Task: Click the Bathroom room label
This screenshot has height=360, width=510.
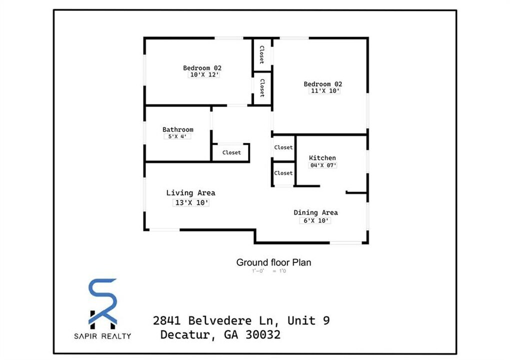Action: click(x=177, y=129)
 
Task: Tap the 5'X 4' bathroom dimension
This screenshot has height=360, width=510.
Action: click(x=177, y=136)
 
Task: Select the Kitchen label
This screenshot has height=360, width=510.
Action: click(x=322, y=158)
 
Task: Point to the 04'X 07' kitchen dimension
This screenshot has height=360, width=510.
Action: click(x=323, y=165)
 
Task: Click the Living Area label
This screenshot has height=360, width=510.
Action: click(x=190, y=193)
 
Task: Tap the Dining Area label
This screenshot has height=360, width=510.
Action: click(x=315, y=212)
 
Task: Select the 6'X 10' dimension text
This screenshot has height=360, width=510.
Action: click(x=315, y=220)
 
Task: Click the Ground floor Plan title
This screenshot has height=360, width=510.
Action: click(x=273, y=262)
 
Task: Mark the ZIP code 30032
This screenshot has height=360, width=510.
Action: click(x=262, y=334)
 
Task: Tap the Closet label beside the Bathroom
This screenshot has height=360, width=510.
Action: click(x=231, y=152)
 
